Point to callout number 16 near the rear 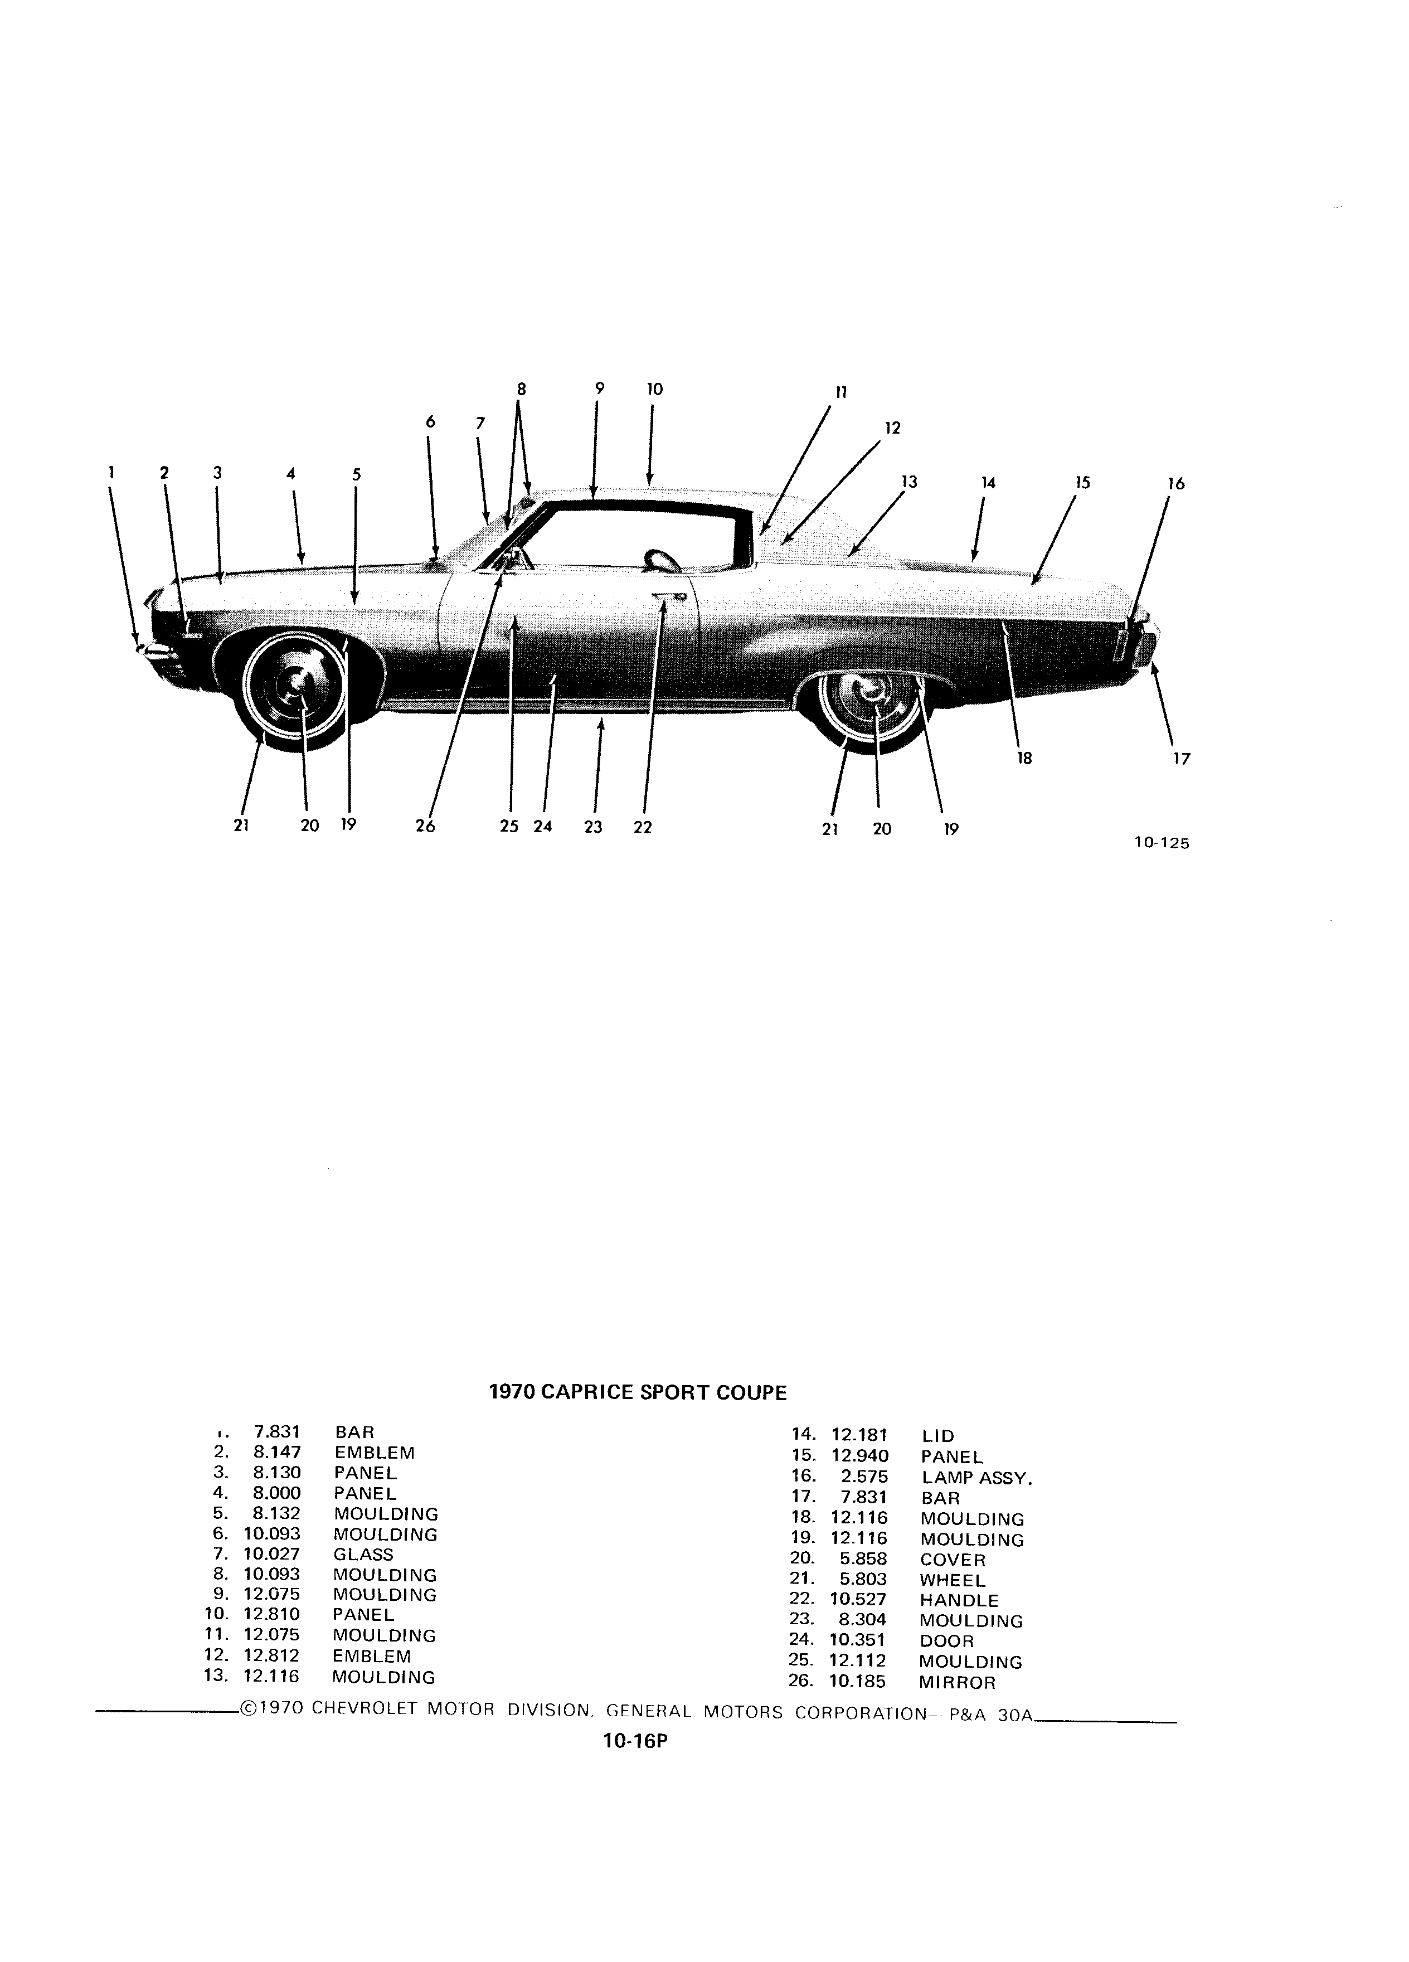point(1175,484)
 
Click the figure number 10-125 point(1161,844)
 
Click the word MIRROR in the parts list point(958,1683)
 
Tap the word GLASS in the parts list point(363,1555)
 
